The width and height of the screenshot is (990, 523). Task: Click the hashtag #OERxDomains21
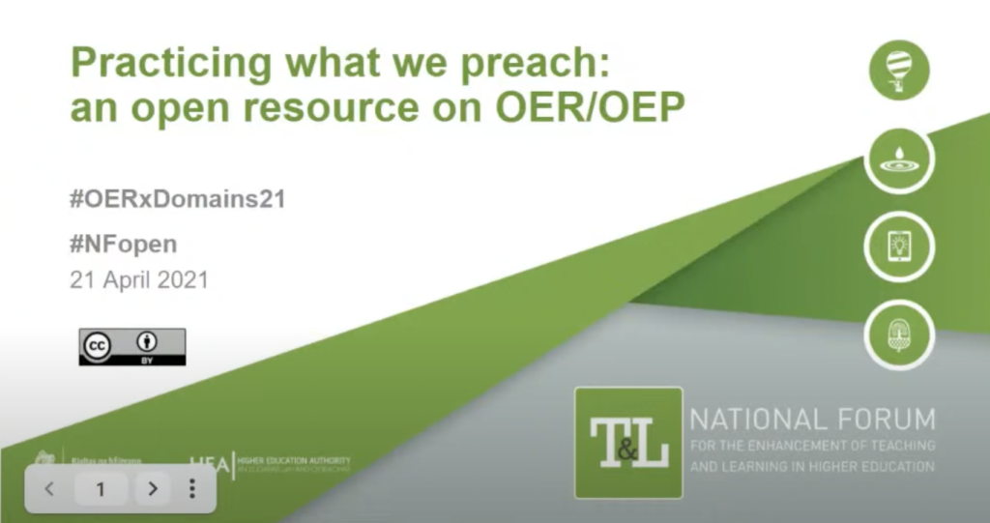click(178, 201)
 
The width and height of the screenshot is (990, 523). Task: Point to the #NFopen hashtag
click(123, 244)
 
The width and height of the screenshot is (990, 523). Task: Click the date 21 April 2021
click(139, 280)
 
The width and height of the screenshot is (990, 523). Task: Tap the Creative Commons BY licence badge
click(132, 346)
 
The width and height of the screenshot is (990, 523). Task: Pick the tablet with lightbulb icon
click(899, 246)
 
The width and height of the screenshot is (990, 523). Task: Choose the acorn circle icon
click(899, 334)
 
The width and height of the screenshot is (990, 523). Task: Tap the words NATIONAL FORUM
click(812, 420)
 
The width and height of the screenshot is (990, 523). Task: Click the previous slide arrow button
click(50, 489)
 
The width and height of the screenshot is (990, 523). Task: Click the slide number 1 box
click(101, 489)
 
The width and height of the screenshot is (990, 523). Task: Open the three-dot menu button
click(191, 489)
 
